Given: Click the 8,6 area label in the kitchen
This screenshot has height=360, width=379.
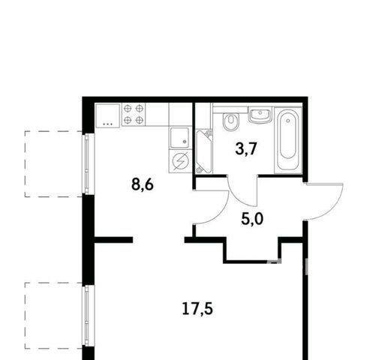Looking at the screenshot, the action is coord(143,185).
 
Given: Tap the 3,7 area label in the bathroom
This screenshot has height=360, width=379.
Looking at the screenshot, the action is coord(246,149).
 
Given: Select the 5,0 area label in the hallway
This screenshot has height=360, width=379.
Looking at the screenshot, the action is coord(252,219).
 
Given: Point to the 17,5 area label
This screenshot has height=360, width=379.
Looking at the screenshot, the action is coord(197,309).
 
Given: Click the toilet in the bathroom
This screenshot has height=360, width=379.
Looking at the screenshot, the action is coord(230,121).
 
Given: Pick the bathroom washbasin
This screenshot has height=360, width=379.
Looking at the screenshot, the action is coord(260,115).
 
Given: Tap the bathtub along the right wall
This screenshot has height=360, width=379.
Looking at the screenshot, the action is coord(287,140).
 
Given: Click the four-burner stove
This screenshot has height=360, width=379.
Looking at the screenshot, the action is coord(134,115).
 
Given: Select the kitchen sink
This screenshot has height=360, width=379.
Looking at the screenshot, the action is coord(179,138).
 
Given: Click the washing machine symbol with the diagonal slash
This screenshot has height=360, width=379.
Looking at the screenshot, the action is coord(180,160).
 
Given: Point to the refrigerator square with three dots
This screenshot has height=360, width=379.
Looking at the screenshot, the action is coord(107,115).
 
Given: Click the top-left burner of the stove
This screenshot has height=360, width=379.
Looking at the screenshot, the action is coord(128,109).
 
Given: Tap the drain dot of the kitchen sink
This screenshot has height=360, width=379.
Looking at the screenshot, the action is coord(185,142).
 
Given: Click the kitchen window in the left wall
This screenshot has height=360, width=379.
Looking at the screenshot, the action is coord(86,163).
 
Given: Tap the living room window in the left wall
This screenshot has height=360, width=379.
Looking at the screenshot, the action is coord(86,316).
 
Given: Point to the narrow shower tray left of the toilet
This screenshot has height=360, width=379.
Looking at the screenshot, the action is coord(204,151).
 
